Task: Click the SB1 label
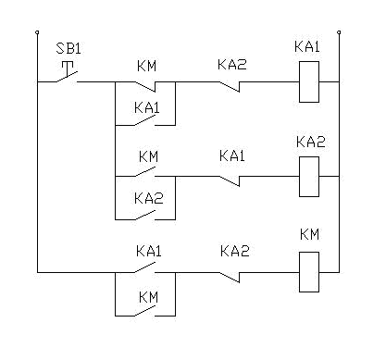point(67,49)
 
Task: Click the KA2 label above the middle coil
point(309,141)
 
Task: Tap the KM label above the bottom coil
point(309,235)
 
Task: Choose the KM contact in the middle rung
point(149,172)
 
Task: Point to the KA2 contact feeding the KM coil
point(232,273)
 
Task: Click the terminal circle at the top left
point(37,34)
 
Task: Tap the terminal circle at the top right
point(341,34)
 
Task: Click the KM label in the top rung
point(146,65)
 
